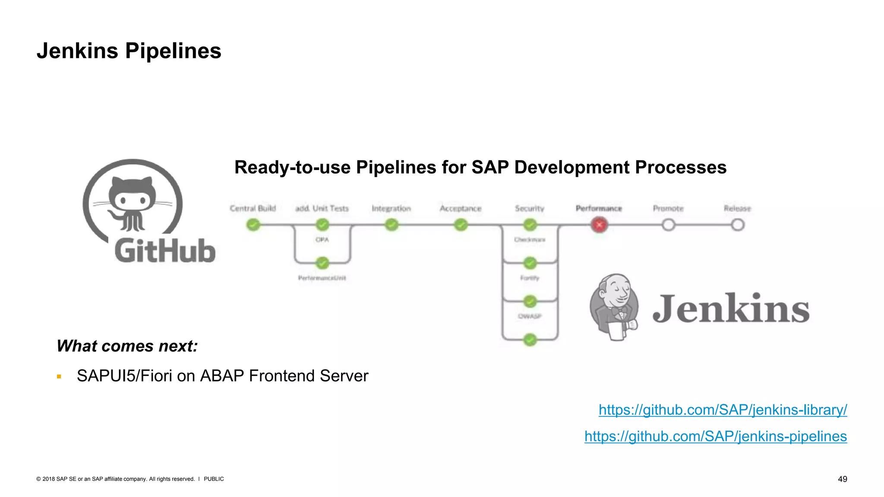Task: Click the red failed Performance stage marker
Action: [x=599, y=225]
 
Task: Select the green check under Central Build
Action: [x=253, y=225]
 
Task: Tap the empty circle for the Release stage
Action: [x=738, y=225]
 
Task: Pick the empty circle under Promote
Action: [x=668, y=225]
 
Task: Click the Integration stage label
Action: [x=391, y=208]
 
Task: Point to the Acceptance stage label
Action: [x=460, y=208]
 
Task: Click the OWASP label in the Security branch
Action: [x=530, y=316]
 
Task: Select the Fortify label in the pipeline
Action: [x=530, y=278]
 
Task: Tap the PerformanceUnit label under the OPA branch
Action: [x=322, y=278]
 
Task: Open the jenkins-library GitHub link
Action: [x=723, y=409]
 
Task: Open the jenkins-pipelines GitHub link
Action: [x=716, y=436]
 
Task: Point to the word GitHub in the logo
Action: [x=165, y=251]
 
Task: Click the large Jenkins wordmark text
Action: [x=730, y=308]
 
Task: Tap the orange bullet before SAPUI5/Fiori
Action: [x=59, y=377]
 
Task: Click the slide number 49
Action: [x=842, y=479]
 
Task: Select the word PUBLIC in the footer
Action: [x=214, y=479]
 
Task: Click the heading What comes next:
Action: [x=127, y=346]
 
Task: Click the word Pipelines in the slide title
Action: [x=173, y=51]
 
